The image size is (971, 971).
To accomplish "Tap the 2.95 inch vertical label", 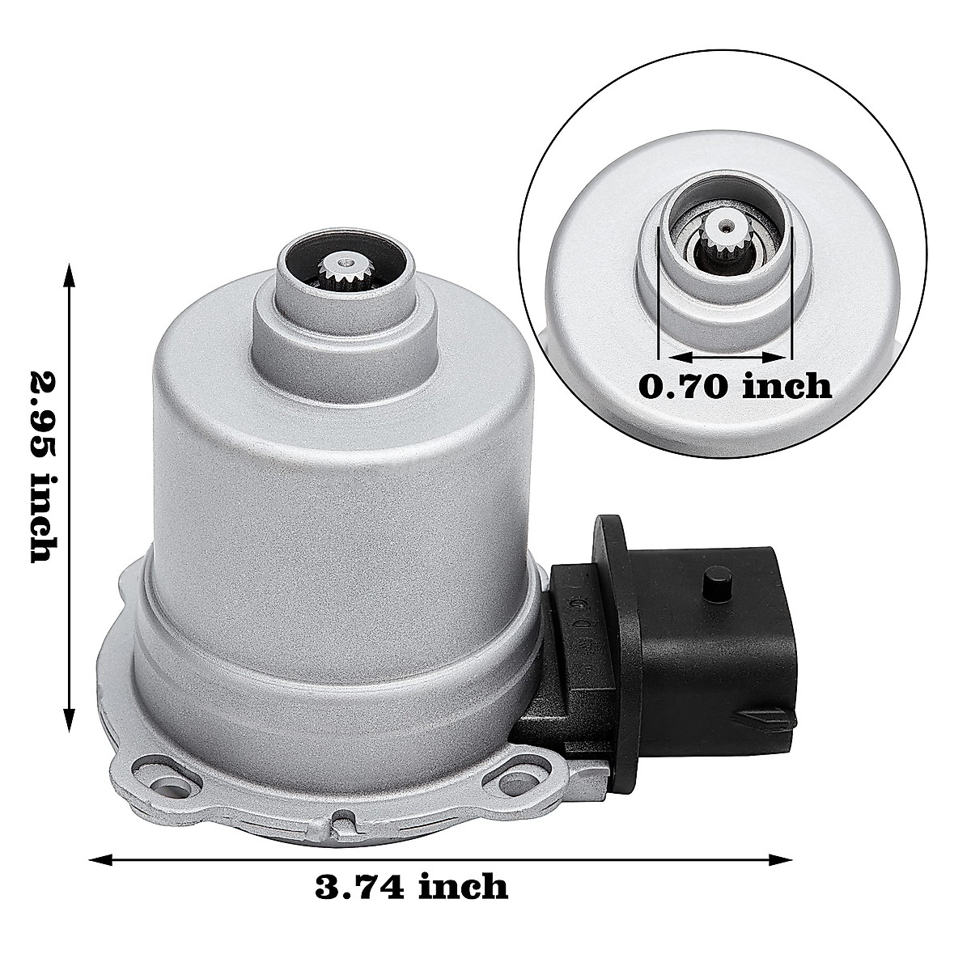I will coord(42,467).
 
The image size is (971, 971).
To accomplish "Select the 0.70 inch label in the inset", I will coord(735,386).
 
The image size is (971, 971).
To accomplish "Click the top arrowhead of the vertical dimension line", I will coord(70,273).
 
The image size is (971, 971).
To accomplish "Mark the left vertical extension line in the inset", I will coord(659,291).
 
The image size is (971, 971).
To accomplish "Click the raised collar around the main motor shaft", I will coord(342,308).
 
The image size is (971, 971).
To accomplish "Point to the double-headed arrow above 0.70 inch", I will coord(725,357).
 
